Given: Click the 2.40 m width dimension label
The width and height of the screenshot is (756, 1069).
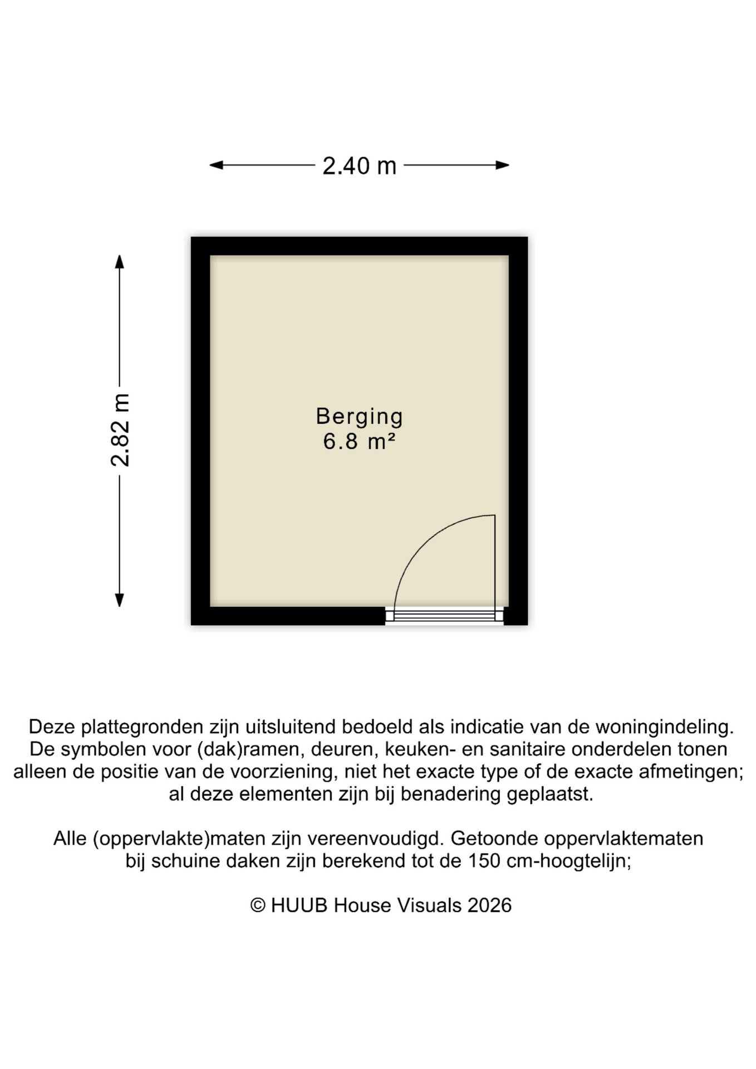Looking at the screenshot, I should pyautogui.click(x=359, y=166).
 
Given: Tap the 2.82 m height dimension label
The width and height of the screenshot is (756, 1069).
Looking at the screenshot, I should pyautogui.click(x=120, y=429).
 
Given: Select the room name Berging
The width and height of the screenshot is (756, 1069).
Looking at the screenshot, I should pyautogui.click(x=359, y=416).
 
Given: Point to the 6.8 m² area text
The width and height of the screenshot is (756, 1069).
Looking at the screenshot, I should pyautogui.click(x=359, y=442).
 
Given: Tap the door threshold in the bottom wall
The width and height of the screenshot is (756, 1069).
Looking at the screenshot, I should pyautogui.click(x=444, y=615).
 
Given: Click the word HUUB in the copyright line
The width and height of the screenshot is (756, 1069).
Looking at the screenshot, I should pyautogui.click(x=299, y=905).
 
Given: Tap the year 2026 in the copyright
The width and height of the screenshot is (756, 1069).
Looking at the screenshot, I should pyautogui.click(x=489, y=905).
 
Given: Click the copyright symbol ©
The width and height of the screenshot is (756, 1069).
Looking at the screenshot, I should pyautogui.click(x=257, y=905).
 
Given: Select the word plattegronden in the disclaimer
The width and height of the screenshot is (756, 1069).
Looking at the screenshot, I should pyautogui.click(x=142, y=727).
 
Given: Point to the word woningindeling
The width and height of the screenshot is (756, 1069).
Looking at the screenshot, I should pyautogui.click(x=664, y=727).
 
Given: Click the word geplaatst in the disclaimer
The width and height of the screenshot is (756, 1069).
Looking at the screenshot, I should pyautogui.click(x=549, y=794).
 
